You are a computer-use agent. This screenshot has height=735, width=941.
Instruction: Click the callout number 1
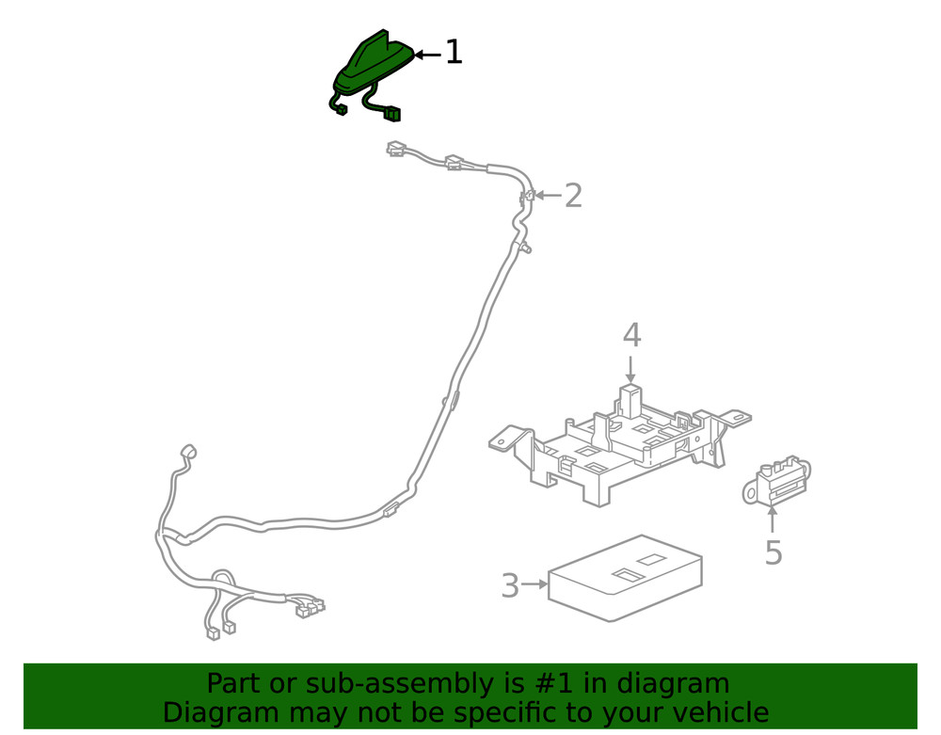(x=454, y=53)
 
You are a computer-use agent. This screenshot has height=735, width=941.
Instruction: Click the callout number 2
(x=573, y=197)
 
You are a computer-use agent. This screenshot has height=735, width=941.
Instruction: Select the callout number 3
(x=509, y=585)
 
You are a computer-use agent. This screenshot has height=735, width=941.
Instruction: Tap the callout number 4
(x=631, y=335)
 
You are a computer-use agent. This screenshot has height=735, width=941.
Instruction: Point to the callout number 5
(x=773, y=553)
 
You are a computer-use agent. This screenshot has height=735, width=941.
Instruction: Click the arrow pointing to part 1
(x=427, y=55)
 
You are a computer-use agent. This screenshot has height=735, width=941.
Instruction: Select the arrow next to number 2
(x=549, y=197)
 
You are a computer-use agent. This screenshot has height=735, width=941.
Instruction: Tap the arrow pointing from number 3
(x=534, y=584)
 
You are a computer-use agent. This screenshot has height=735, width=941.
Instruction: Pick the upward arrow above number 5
(x=773, y=519)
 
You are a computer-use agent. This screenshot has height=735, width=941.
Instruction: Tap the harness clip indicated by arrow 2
(x=528, y=197)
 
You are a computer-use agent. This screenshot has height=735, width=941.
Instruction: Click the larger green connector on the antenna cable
(x=392, y=115)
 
